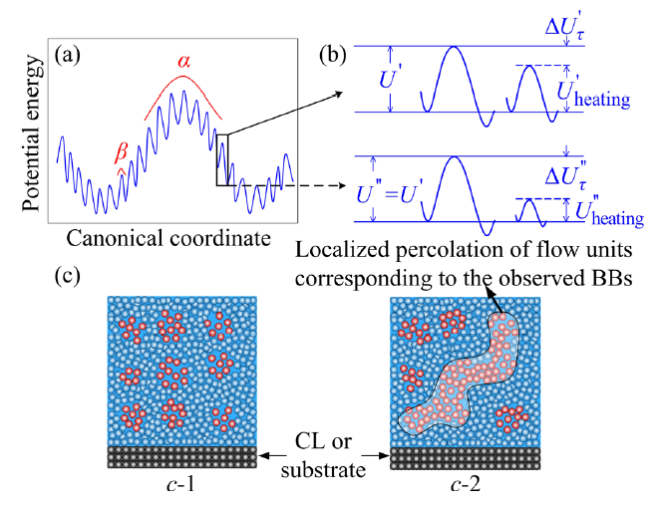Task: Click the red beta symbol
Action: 122,150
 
